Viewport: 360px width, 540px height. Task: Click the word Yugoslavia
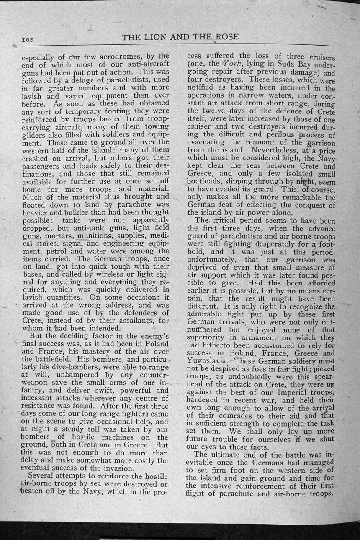click(x=208, y=360)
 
